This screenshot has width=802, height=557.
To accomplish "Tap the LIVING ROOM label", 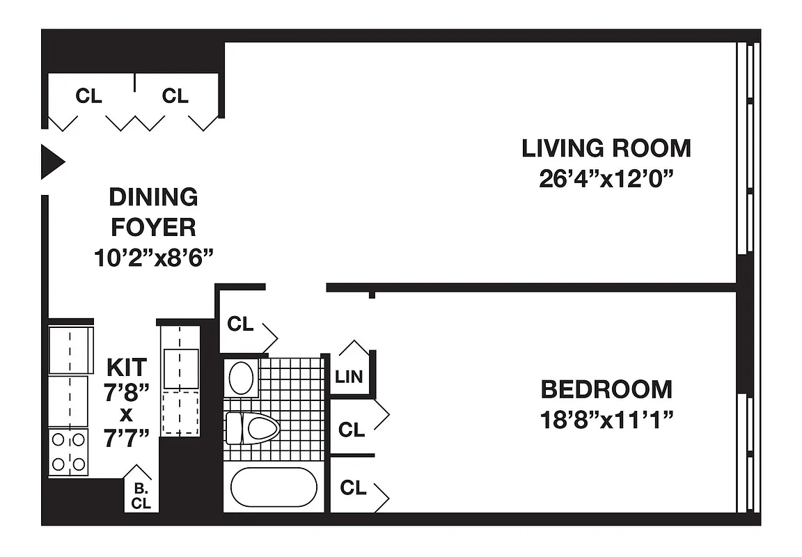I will tap(606, 148).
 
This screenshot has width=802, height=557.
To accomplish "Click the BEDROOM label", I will tap(607, 389).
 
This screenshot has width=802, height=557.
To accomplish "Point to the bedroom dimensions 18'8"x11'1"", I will tap(607, 420).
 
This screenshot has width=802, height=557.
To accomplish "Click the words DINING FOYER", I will tap(153, 212).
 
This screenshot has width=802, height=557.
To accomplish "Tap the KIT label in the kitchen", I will tap(127, 366).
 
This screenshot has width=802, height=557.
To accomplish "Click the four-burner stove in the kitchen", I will tap(69, 451).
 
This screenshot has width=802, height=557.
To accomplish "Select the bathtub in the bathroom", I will tap(274, 487).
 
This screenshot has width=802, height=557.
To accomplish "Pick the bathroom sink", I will tap(242, 378).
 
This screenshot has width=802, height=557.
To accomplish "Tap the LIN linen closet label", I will tap(349, 377).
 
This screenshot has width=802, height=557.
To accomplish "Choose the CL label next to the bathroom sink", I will tap(240, 324).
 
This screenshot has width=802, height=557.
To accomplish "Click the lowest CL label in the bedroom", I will tap(353, 488).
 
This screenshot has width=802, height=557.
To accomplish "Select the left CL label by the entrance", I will tap(88, 96).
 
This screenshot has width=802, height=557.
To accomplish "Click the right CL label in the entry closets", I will tap(175, 96).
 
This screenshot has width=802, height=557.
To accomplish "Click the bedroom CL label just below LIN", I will tap(352, 430).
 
